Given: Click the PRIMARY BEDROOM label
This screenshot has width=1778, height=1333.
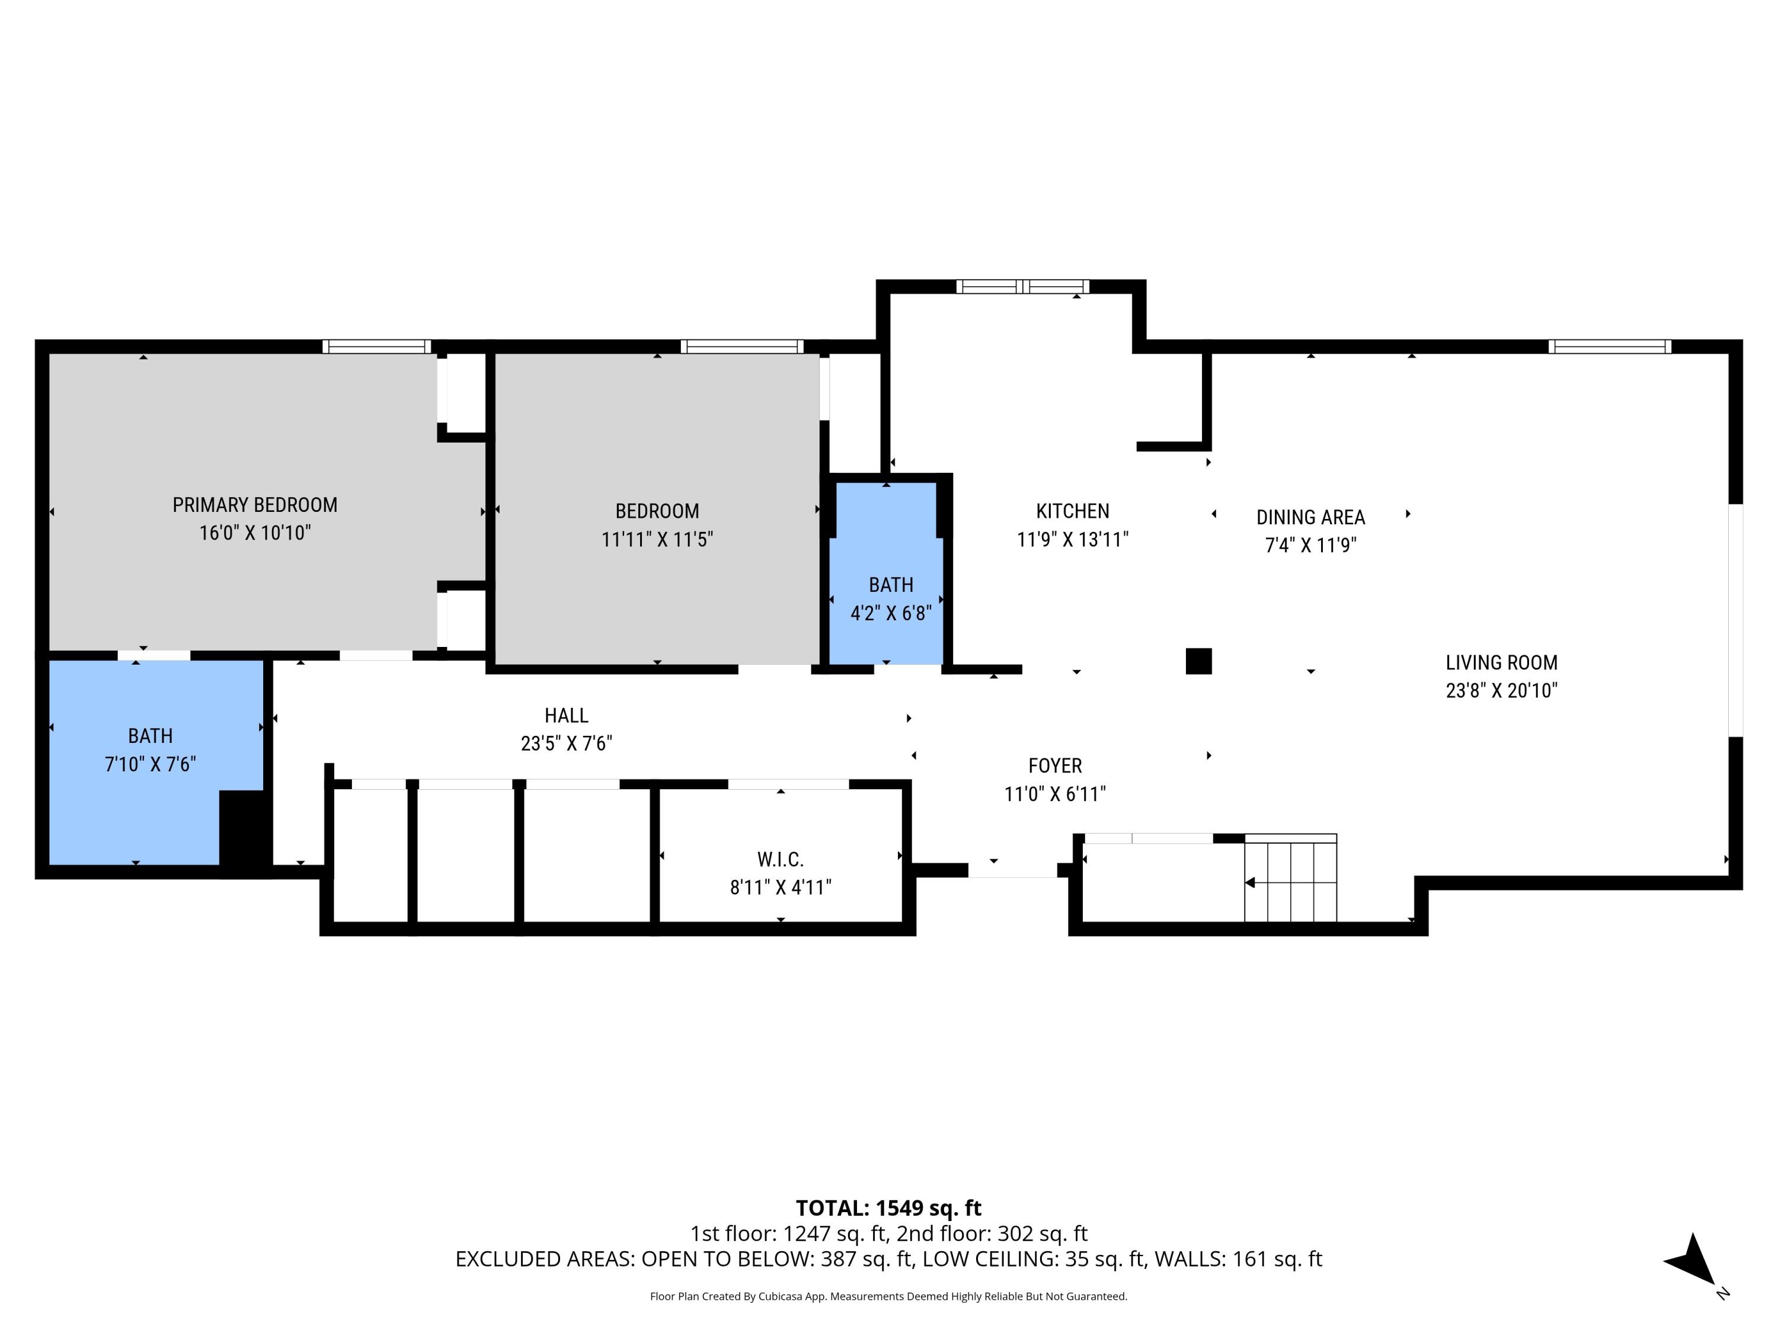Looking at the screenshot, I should pyautogui.click(x=255, y=505).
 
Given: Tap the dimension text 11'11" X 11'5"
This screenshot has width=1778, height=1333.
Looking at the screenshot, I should pyautogui.click(x=657, y=539).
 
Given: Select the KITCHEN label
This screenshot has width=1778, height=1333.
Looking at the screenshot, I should pyautogui.click(x=1072, y=511).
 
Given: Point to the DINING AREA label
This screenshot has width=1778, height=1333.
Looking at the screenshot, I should pyautogui.click(x=1310, y=517).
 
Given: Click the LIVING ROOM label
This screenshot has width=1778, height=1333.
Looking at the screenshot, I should pyautogui.click(x=1501, y=663).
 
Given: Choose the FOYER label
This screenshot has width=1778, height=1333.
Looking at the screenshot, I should pyautogui.click(x=1054, y=765).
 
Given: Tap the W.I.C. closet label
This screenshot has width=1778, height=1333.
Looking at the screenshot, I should pyautogui.click(x=780, y=860).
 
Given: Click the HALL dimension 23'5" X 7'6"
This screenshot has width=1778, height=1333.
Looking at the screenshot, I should pyautogui.click(x=566, y=744).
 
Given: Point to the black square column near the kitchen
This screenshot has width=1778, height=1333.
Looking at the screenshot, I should pyautogui.click(x=1198, y=661).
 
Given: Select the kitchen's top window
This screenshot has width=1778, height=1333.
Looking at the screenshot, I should pyautogui.click(x=1022, y=286).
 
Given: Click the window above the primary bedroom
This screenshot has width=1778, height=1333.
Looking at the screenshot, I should pyautogui.click(x=377, y=347).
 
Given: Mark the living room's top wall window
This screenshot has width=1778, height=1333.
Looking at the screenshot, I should pyautogui.click(x=1609, y=347).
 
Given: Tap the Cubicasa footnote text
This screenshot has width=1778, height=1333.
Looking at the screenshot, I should pyautogui.click(x=888, y=1296).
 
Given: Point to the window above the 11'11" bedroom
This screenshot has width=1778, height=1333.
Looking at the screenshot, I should pyautogui.click(x=741, y=347).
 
